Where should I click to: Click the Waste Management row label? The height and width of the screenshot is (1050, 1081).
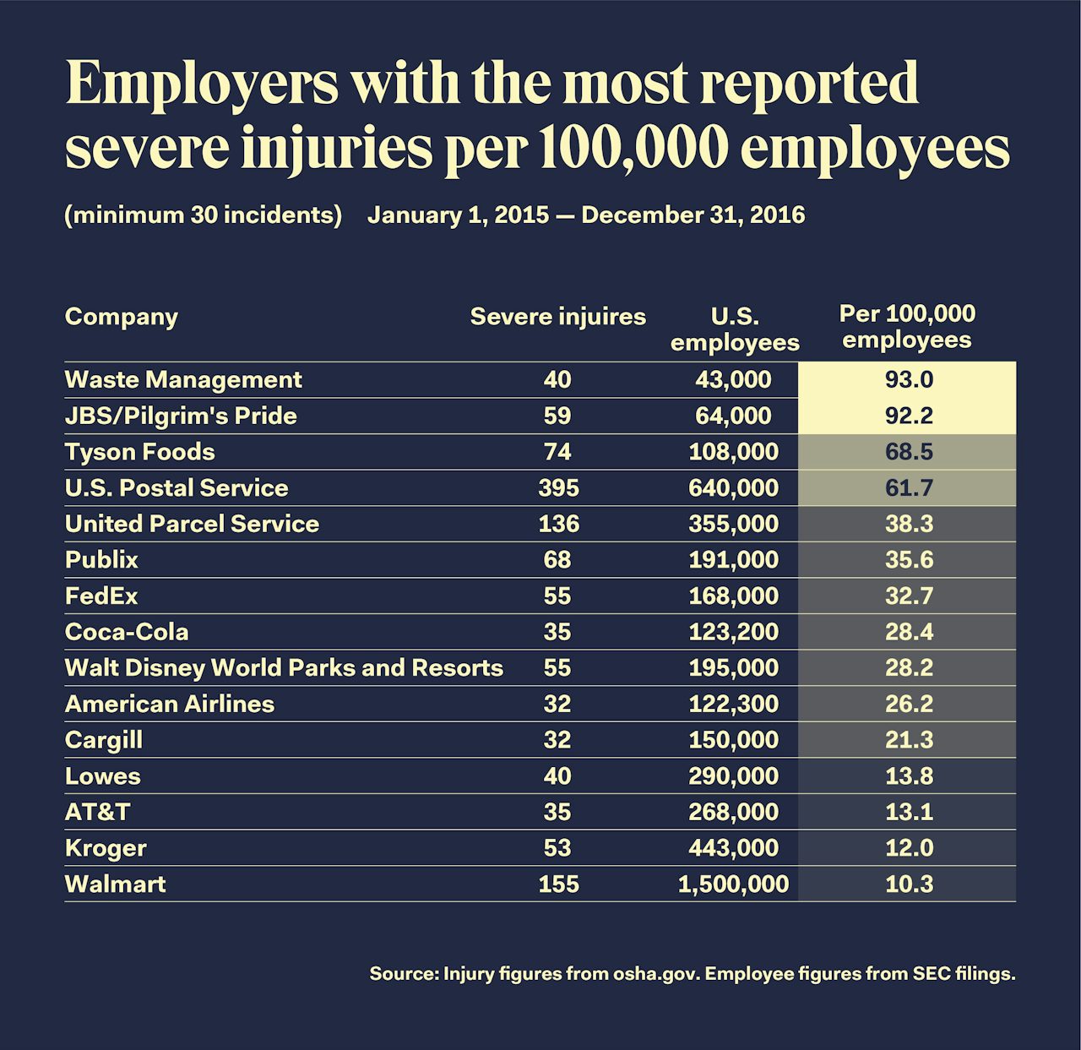click(x=183, y=379)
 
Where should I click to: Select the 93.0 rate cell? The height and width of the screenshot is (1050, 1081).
click(x=909, y=379)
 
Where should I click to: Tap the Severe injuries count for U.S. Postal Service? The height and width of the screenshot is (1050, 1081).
click(x=558, y=487)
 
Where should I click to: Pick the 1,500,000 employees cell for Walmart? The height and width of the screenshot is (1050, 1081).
click(x=733, y=884)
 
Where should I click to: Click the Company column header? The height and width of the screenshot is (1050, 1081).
click(x=122, y=317)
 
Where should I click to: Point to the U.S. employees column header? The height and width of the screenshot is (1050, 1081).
click(x=734, y=329)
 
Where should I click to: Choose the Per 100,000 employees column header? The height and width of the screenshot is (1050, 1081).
click(x=907, y=326)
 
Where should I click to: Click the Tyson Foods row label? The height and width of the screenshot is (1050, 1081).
click(x=140, y=452)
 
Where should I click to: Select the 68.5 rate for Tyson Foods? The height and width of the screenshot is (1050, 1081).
click(x=909, y=452)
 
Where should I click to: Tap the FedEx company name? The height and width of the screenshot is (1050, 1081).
click(x=101, y=596)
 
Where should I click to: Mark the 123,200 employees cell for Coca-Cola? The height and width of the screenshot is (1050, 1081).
click(x=733, y=632)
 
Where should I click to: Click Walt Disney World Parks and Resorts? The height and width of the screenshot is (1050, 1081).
click(x=284, y=667)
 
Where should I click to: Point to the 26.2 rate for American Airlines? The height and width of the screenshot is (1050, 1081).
click(x=909, y=704)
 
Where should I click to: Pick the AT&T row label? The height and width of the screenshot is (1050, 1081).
click(x=98, y=812)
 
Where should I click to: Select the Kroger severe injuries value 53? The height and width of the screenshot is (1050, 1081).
click(x=558, y=847)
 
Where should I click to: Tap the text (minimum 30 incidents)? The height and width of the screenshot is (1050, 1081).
click(x=204, y=215)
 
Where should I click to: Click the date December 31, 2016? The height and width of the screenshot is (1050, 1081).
click(x=693, y=215)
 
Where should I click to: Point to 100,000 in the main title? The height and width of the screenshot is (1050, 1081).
click(x=633, y=149)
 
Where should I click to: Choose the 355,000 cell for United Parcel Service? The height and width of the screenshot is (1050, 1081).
click(x=733, y=524)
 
